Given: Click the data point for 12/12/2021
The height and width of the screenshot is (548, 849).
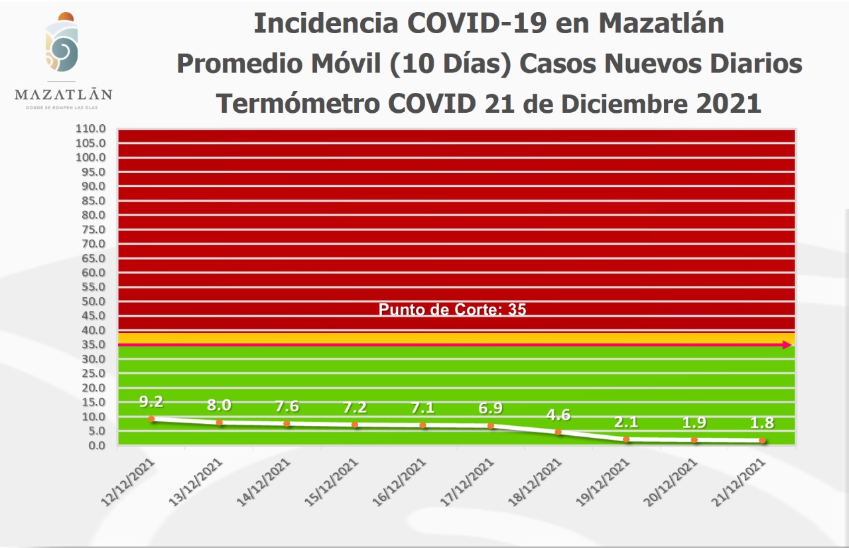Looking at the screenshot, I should click(x=152, y=419).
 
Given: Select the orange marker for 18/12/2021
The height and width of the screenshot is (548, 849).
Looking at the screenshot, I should click(x=558, y=432).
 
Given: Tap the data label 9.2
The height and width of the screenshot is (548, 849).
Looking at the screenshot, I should click(x=151, y=401).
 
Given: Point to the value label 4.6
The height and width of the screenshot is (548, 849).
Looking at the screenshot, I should click(x=558, y=415).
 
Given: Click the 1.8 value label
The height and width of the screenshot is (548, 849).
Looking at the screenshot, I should click(x=762, y=423).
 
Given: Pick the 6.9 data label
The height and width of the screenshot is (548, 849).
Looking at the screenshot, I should click(x=491, y=409).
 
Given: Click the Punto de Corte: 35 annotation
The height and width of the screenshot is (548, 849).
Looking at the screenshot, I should click(x=452, y=309).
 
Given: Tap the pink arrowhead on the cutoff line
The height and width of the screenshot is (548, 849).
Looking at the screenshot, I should click(x=787, y=344).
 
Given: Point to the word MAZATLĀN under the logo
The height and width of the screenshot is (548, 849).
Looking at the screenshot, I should click(x=63, y=94).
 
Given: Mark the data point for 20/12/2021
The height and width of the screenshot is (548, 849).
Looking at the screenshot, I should click(x=694, y=440).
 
